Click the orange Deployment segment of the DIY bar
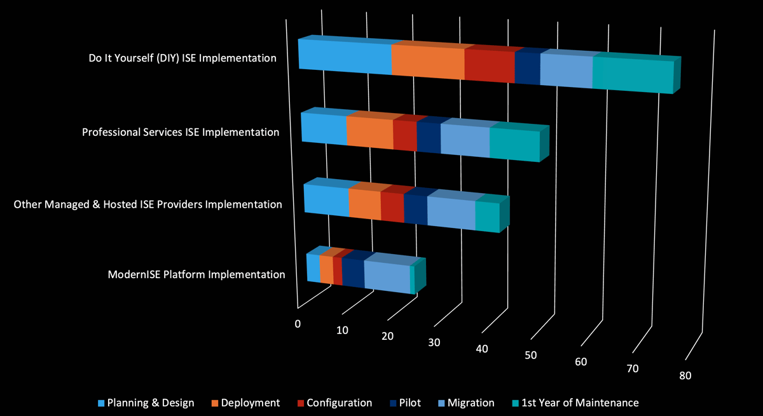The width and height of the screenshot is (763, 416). pyautogui.click(x=428, y=63)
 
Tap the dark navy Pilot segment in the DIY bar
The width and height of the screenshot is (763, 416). pyautogui.click(x=527, y=67)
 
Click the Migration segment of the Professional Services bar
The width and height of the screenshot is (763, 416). pyautogui.click(x=465, y=140)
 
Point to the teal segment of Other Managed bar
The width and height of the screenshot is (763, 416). pyautogui.click(x=487, y=217)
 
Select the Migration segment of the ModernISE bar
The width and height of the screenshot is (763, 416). pyautogui.click(x=387, y=277)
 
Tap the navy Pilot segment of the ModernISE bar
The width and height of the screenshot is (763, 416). pyautogui.click(x=353, y=272)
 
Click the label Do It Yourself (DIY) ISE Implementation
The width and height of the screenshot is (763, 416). pyautogui.click(x=182, y=58)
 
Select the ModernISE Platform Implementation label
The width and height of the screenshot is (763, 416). pyautogui.click(x=196, y=274)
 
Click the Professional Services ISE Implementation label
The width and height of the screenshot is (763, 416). pyautogui.click(x=181, y=132)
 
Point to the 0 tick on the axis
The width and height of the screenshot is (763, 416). pyautogui.click(x=298, y=323)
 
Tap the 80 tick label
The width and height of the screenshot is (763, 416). pyautogui.click(x=685, y=375)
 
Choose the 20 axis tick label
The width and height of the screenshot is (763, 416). pyautogui.click(x=387, y=336)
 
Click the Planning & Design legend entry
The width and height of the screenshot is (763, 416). pyautogui.click(x=146, y=403)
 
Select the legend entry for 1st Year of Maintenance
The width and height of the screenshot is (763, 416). pyautogui.click(x=575, y=403)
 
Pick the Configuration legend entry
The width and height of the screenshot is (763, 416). pyautogui.click(x=334, y=403)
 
